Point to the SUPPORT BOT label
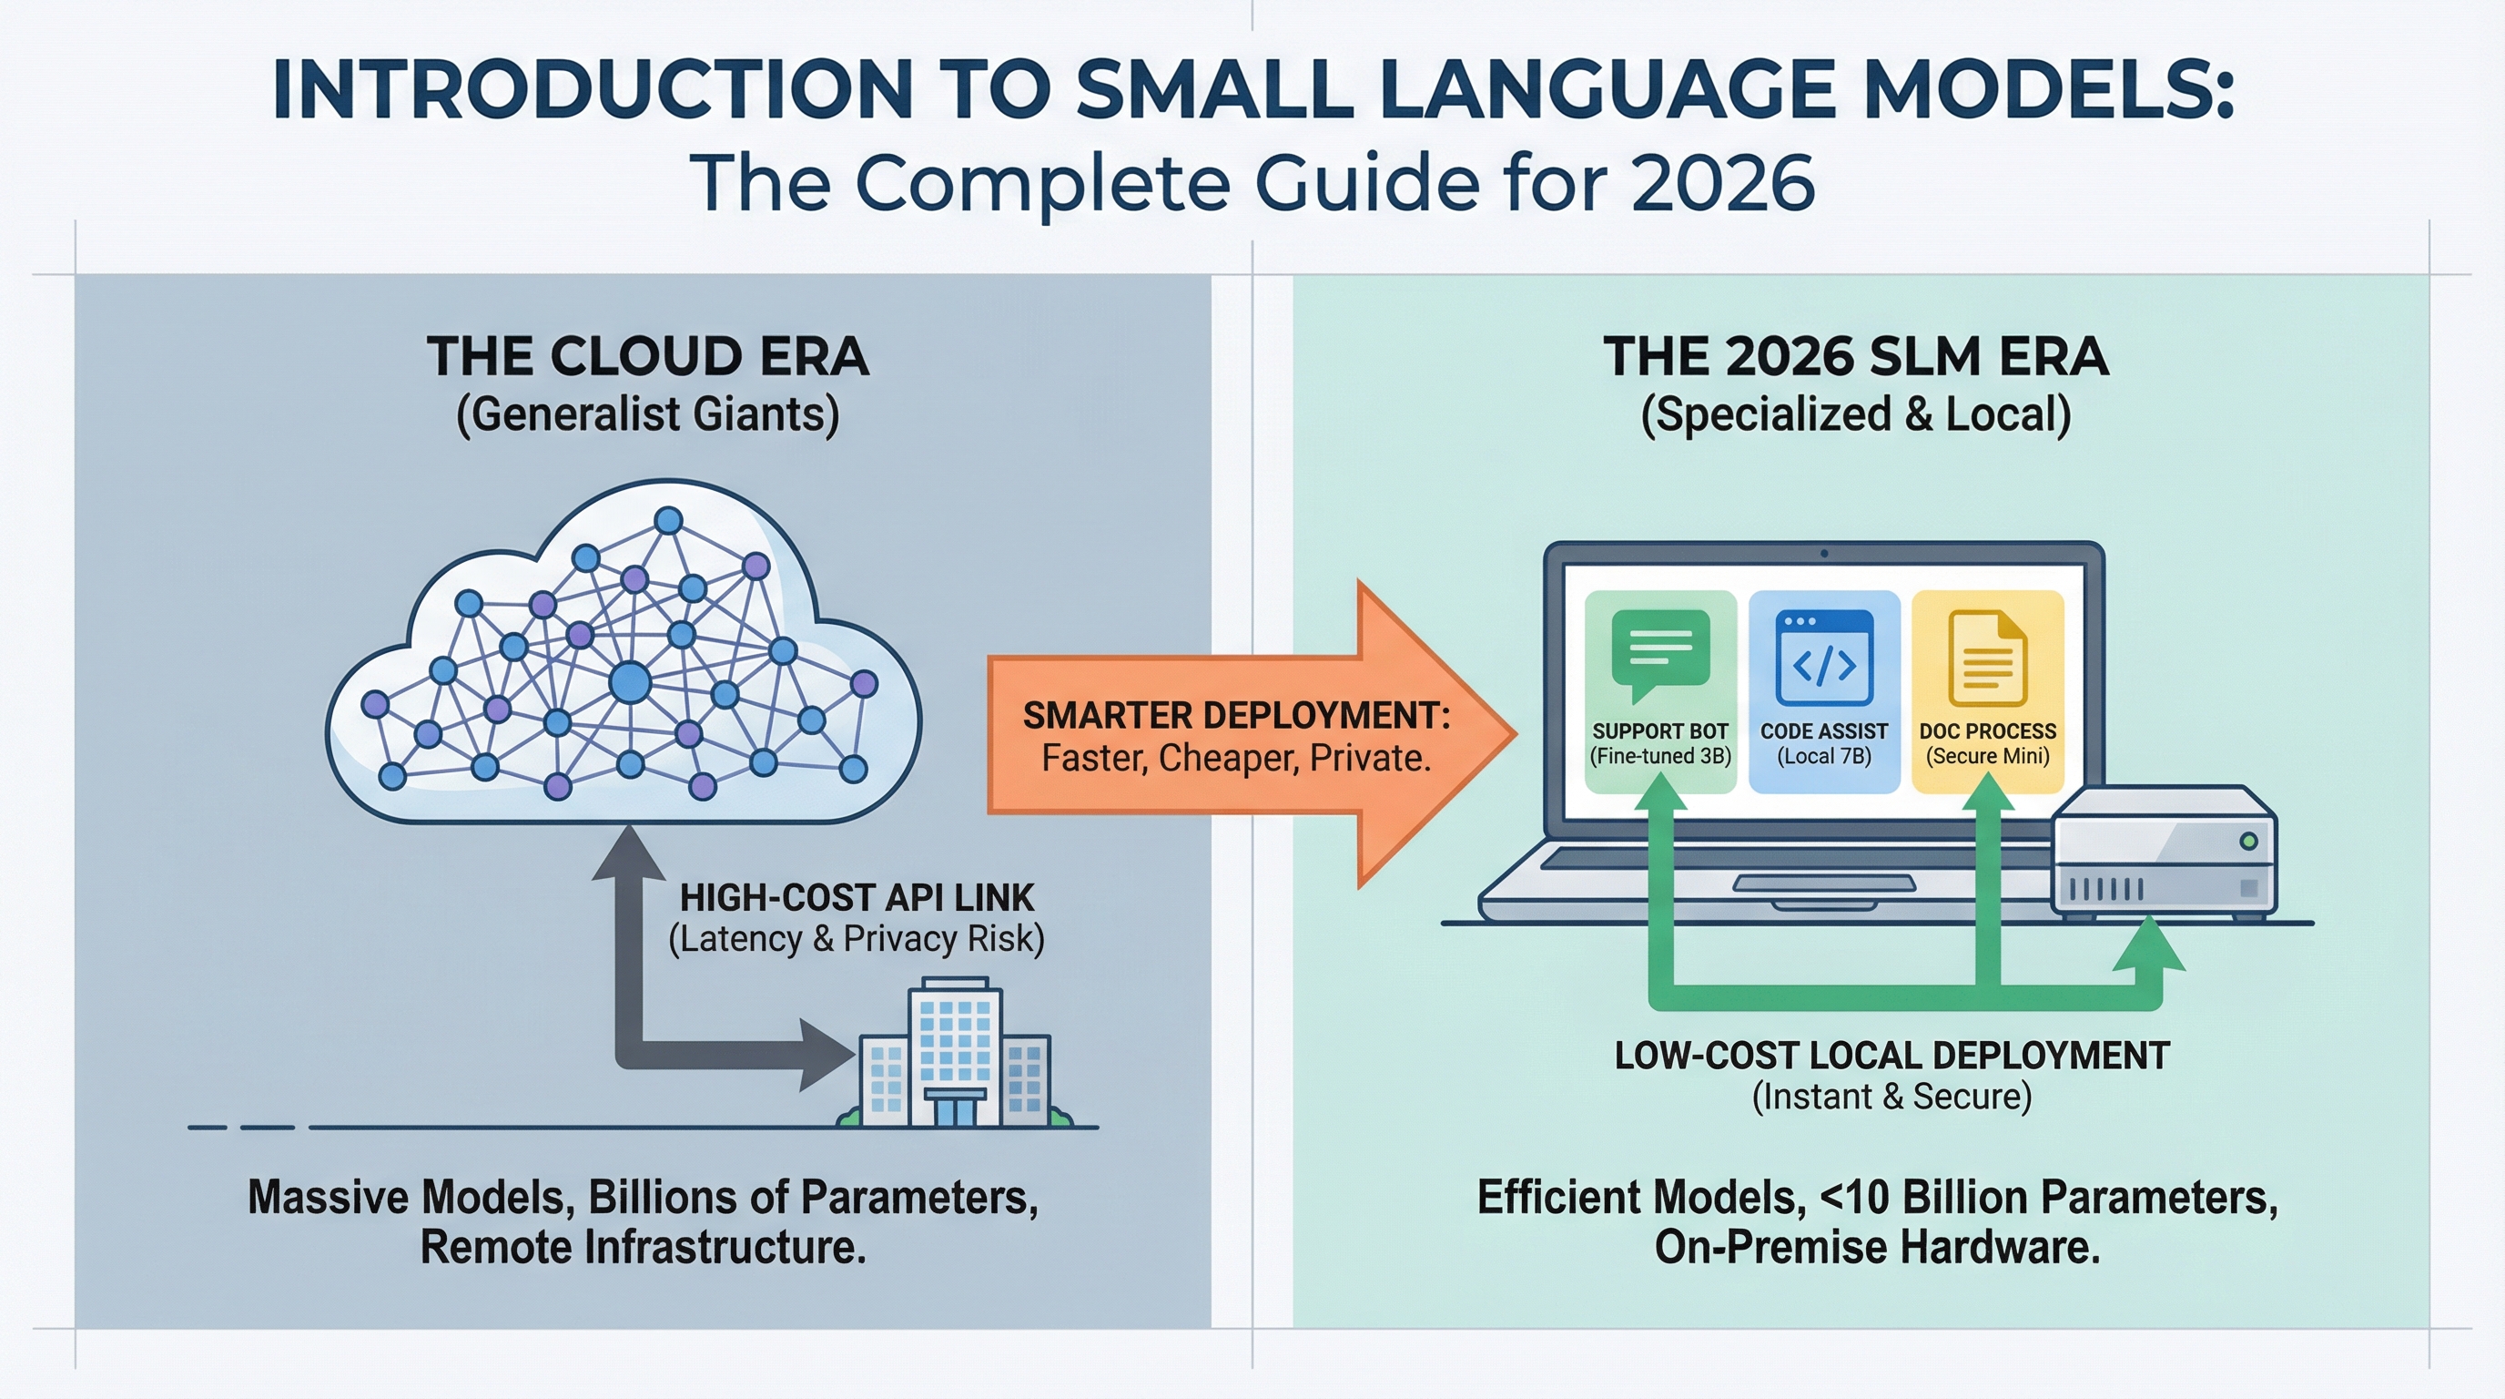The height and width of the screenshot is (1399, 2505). click(x=1660, y=731)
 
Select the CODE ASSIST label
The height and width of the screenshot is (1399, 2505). click(x=1823, y=731)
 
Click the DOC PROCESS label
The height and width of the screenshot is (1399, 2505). click(x=1987, y=731)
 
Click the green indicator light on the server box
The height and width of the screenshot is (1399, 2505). click(x=2248, y=841)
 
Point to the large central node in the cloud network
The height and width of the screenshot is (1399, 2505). click(x=629, y=682)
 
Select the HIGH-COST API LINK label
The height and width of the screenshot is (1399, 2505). click(x=857, y=897)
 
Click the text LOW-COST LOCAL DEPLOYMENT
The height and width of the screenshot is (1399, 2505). click(x=1891, y=1056)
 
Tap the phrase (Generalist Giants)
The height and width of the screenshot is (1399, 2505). click(x=648, y=415)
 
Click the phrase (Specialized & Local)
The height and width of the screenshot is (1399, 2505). click(x=1855, y=415)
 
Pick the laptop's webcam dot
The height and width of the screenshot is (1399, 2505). click(x=1823, y=554)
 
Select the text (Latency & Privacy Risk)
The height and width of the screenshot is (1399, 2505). click(x=857, y=939)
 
